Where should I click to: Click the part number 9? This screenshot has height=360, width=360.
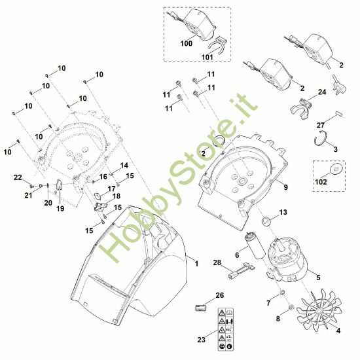point(286,186)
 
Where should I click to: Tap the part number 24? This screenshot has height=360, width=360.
point(322,92)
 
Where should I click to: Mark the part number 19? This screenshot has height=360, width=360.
point(60,209)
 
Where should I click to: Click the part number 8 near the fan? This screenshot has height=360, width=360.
point(278,318)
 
